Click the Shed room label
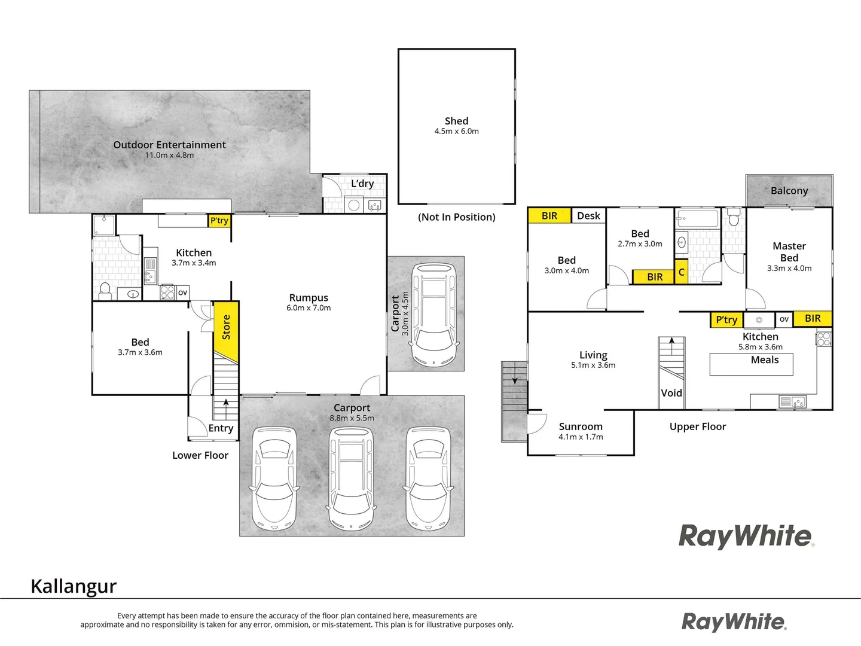pyautogui.click(x=456, y=121)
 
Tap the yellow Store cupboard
pyautogui.click(x=226, y=331)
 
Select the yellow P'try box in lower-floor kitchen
pyautogui.click(x=219, y=221)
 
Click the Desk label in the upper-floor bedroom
pyautogui.click(x=588, y=216)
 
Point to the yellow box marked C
pyautogui.click(x=681, y=272)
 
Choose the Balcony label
pyautogui.click(x=789, y=191)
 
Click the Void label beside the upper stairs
pyautogui.click(x=671, y=393)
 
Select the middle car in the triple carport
pyautogui.click(x=352, y=478)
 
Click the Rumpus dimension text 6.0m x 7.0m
pyautogui.click(x=309, y=308)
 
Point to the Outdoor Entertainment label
pyautogui.click(x=170, y=145)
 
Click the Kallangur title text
pyautogui.click(x=74, y=586)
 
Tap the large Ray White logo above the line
pyautogui.click(x=746, y=536)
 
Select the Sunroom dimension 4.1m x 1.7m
pyautogui.click(x=581, y=437)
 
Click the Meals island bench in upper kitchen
pyautogui.click(x=751, y=364)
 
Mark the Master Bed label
pyautogui.click(x=789, y=252)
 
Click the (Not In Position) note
pyautogui.click(x=456, y=217)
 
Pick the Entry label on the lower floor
pyautogui.click(x=221, y=428)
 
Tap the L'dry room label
pyautogui.click(x=362, y=184)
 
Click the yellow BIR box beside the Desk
pyautogui.click(x=549, y=216)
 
